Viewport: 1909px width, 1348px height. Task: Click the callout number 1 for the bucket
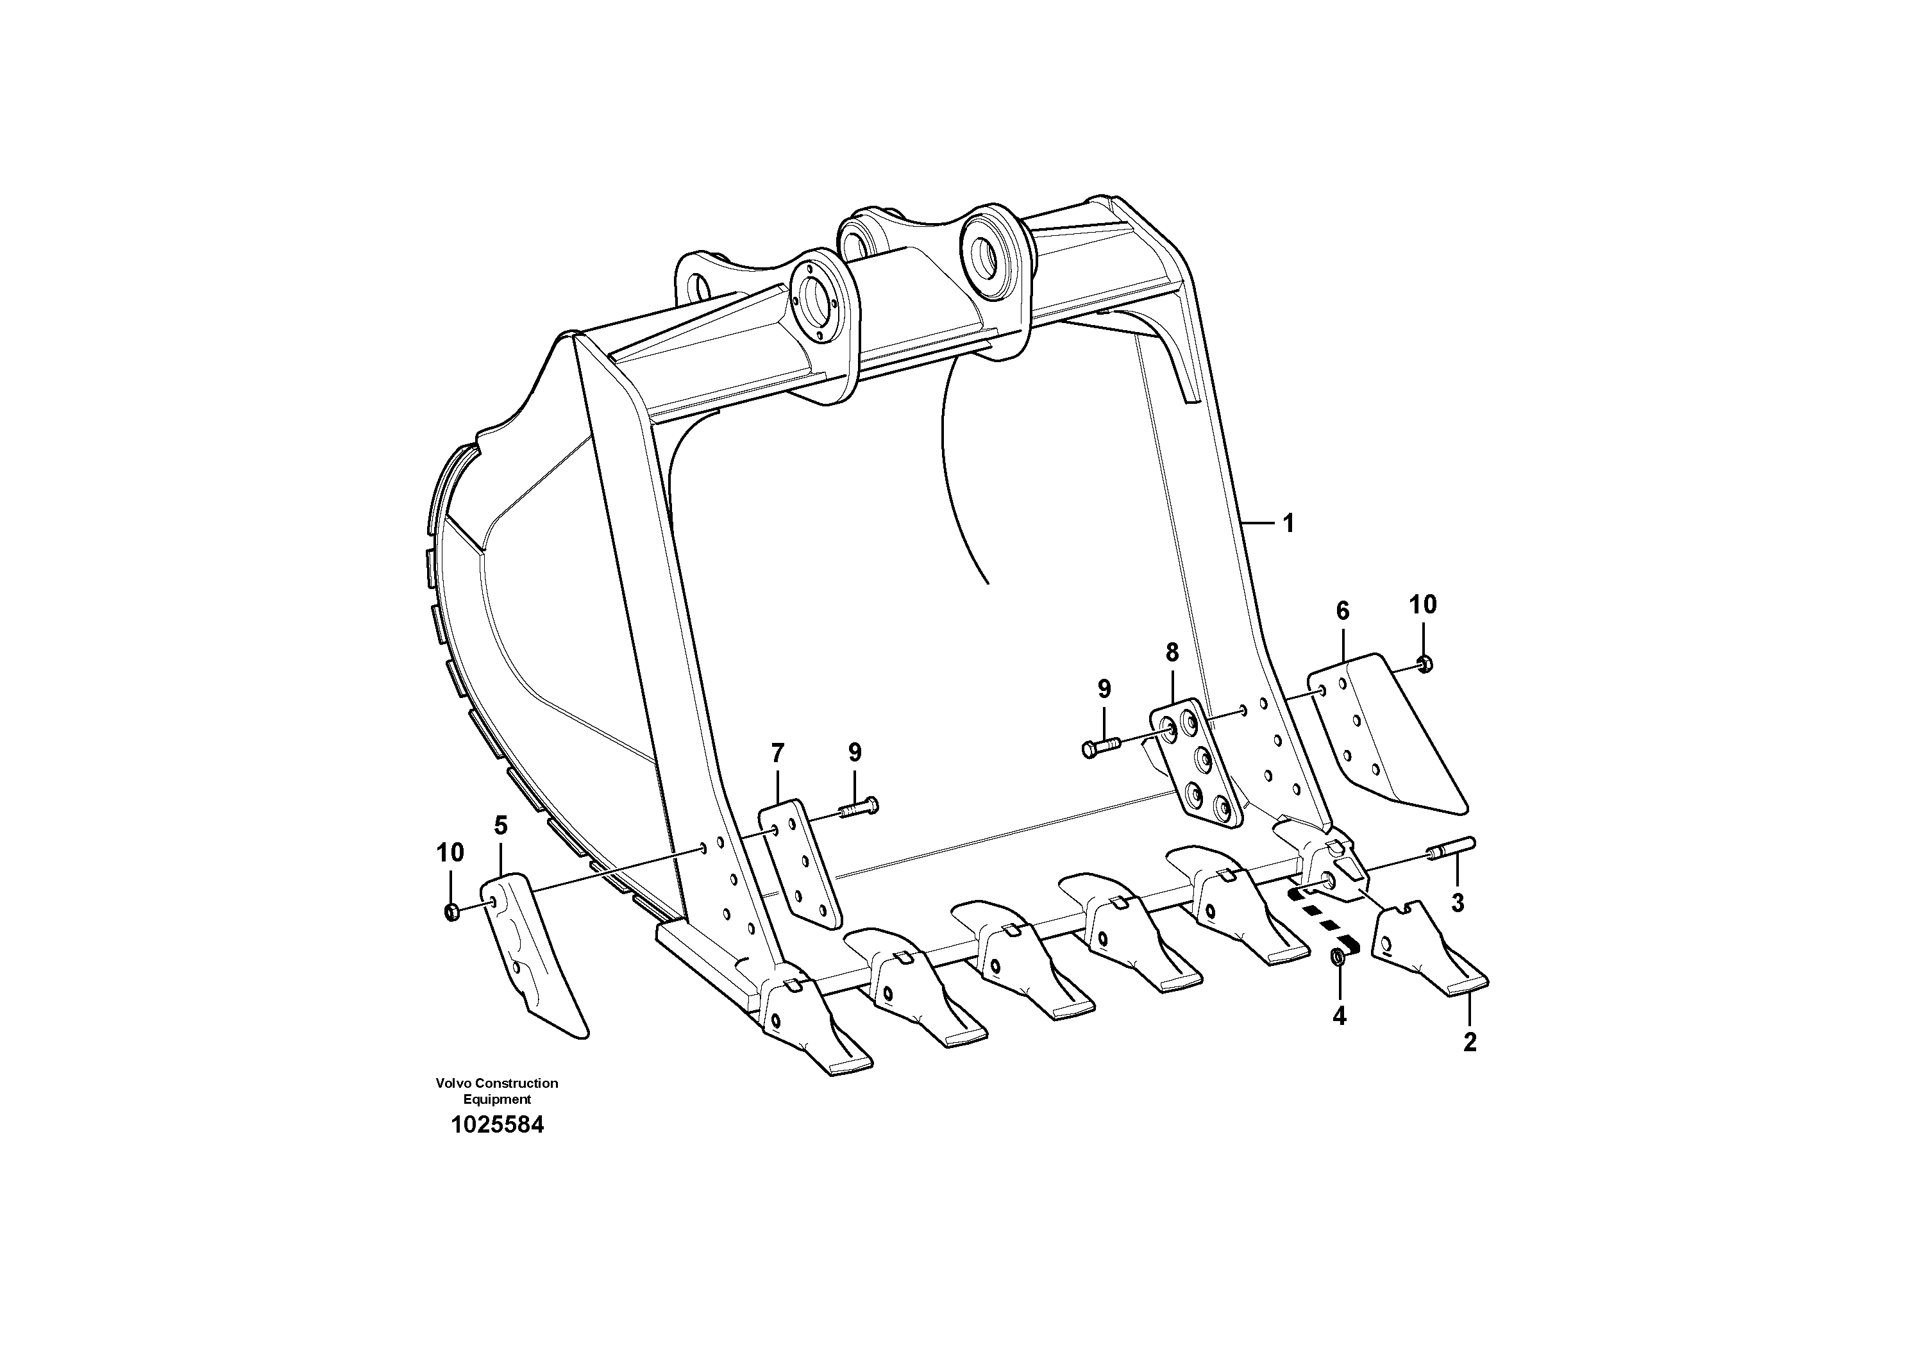[x=1288, y=524]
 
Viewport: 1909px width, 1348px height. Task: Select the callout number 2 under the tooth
[x=1469, y=1042]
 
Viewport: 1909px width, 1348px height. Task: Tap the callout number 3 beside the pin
[x=1458, y=903]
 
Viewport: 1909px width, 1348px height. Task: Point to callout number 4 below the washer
[x=1340, y=1015]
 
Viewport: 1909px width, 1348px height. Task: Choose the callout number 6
[x=1343, y=611]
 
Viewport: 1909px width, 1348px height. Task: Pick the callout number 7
[x=777, y=754]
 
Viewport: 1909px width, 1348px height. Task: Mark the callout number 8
[x=1172, y=653]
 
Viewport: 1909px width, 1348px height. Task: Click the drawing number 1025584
[x=497, y=1126]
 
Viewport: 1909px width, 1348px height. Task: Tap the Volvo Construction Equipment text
[x=496, y=1090]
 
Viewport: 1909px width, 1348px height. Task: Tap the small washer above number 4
[x=1339, y=958]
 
